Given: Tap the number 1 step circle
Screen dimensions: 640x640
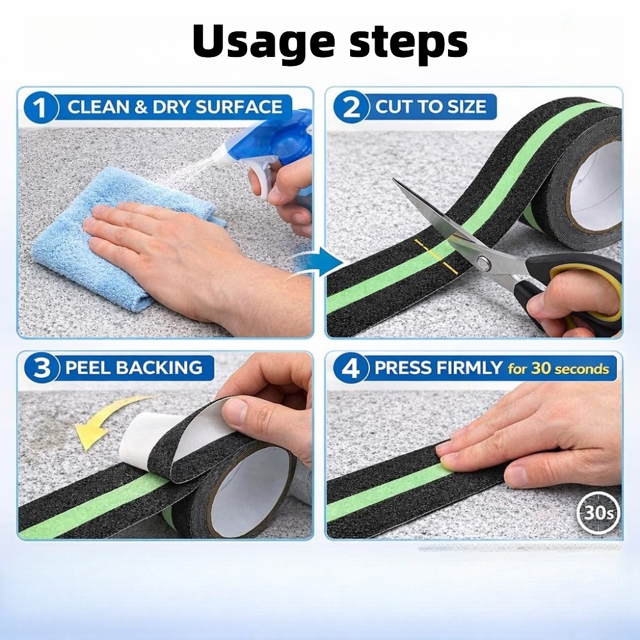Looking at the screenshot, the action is coord(40,108).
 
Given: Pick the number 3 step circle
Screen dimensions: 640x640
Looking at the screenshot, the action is coord(41,368).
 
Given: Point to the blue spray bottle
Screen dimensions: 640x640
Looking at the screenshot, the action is coord(266,155).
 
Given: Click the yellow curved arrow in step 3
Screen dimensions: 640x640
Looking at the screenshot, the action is coord(107,420).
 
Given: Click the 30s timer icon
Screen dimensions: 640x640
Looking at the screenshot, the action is coord(598,513).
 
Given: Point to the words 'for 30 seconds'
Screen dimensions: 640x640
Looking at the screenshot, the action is coord(558,369).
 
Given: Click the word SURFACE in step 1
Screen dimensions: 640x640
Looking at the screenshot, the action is coord(239,107).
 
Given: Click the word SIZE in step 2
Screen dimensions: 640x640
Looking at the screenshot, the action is coord(467,107).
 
